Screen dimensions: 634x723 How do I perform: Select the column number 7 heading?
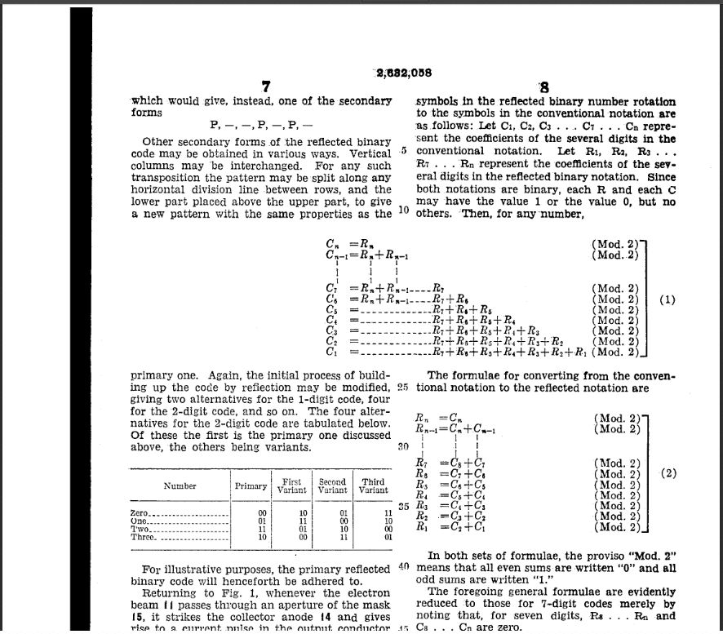265,87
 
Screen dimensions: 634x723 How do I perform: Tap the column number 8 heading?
543,87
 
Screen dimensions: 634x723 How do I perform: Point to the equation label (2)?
668,473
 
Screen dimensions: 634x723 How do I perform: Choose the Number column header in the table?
180,486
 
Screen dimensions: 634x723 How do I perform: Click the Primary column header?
251,486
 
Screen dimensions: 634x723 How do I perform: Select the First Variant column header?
292,486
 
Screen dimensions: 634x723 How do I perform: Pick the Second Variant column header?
332,486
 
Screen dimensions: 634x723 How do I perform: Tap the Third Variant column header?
373,486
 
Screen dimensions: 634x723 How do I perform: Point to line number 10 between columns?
404,211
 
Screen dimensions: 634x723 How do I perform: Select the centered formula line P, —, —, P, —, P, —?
261,126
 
